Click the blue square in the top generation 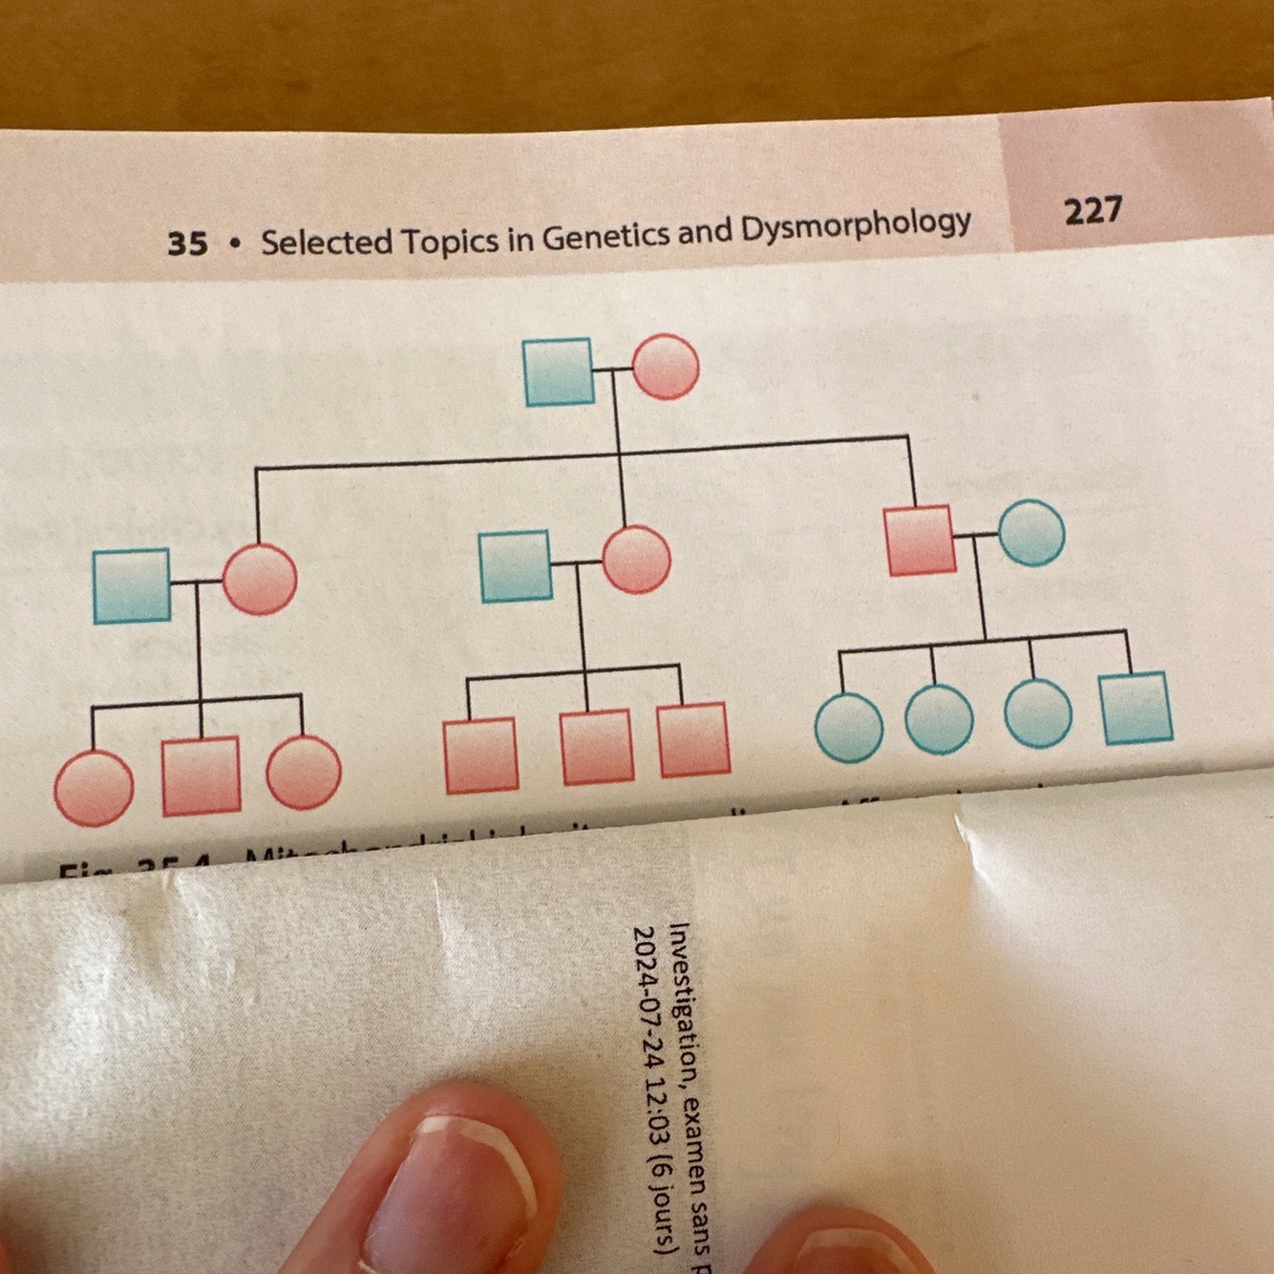click(559, 372)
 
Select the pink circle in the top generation click(665, 367)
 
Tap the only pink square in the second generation click(920, 541)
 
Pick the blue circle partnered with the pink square click(1031, 533)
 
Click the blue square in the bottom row click(1136, 708)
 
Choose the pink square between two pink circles click(201, 775)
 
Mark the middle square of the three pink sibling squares click(596, 747)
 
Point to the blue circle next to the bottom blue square click(1037, 713)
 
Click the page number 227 click(1094, 210)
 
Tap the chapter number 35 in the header click(187, 244)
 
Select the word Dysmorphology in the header click(856, 226)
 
